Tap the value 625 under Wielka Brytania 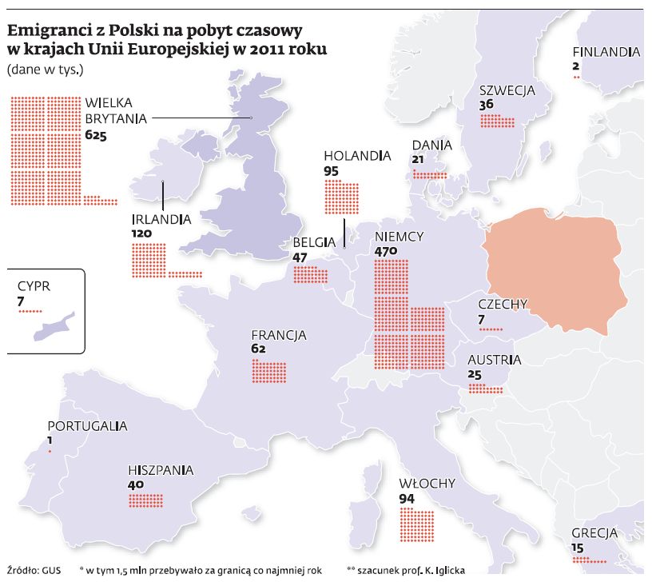95,136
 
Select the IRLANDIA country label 161,218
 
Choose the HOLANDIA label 357,156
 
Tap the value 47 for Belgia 300,257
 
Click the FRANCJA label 279,336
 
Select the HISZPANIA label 161,471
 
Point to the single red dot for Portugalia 50,452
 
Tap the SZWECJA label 507,90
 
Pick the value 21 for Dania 418,160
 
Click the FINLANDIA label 606,53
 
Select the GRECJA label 594,533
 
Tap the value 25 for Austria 475,375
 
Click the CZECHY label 503,304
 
